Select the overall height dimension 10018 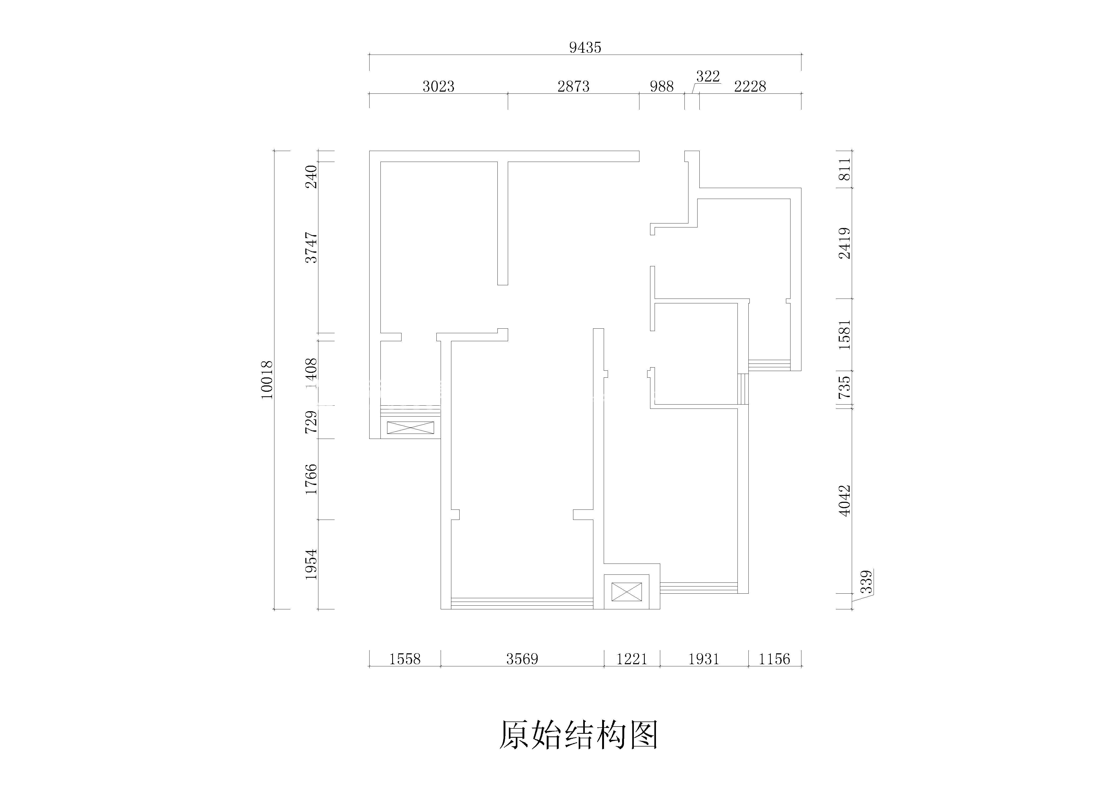(x=267, y=380)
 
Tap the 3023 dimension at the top (x=438, y=87)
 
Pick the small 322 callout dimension (x=708, y=76)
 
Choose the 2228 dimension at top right (x=750, y=87)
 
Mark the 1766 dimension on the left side (x=311, y=479)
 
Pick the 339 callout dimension (x=866, y=582)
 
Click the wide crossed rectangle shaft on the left (x=410, y=428)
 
